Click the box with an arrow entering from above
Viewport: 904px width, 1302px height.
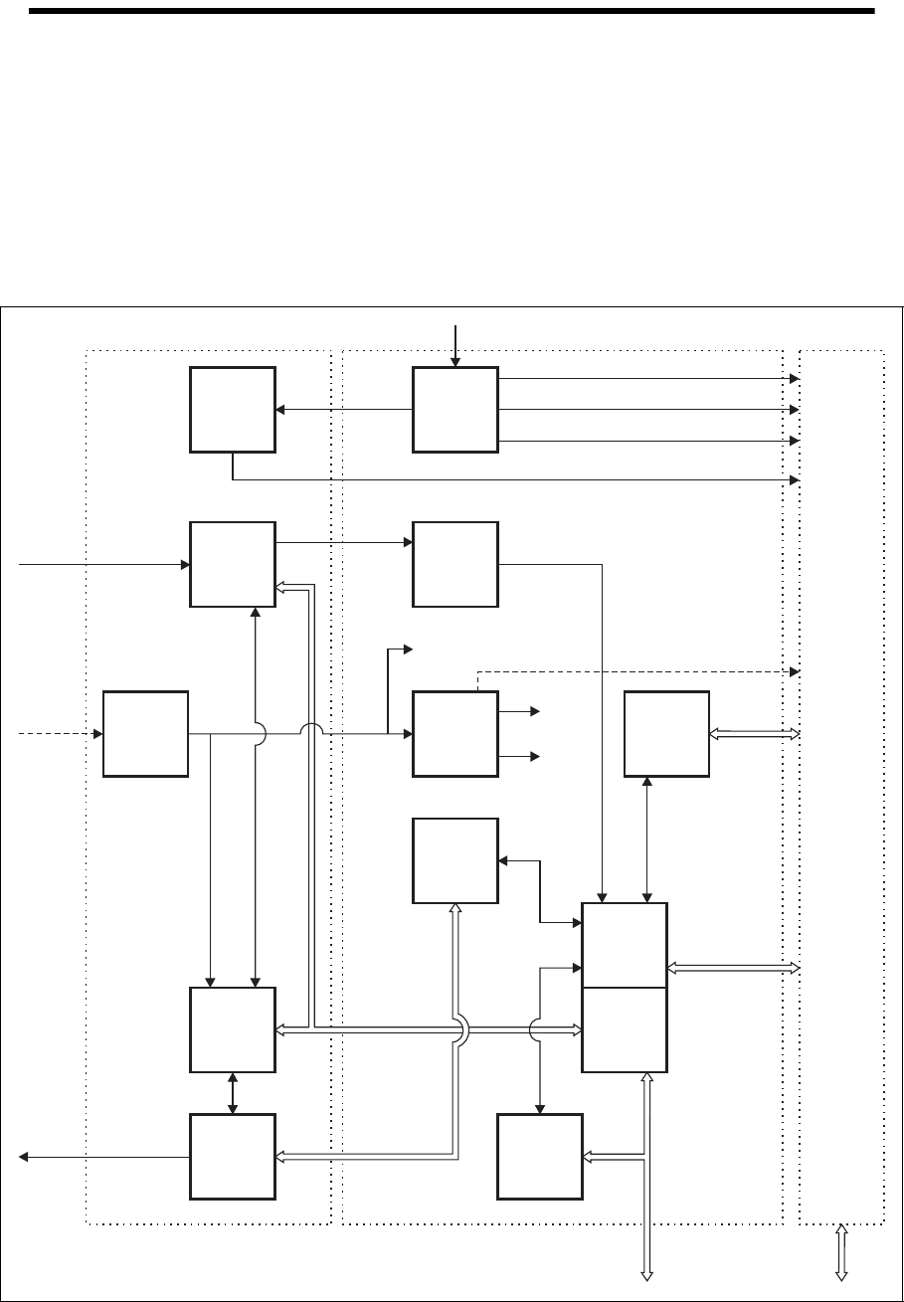[x=455, y=411]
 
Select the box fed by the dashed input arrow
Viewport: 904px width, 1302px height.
[x=146, y=734]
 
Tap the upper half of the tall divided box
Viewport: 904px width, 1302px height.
[x=625, y=945]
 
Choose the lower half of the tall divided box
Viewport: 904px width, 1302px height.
[x=625, y=1029]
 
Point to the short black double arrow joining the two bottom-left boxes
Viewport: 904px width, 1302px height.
[x=233, y=1093]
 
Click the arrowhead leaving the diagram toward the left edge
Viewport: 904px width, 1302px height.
[x=25, y=1157]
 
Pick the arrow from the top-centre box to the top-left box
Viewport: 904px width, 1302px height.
[x=344, y=409]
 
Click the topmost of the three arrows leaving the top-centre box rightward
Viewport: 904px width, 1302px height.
[x=646, y=379]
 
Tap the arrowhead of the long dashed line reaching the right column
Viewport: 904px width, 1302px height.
[x=795, y=671]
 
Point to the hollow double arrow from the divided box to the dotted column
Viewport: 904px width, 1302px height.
[x=734, y=968]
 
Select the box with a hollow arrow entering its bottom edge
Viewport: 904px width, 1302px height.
[x=455, y=860]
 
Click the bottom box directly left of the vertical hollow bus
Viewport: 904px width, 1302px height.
[x=540, y=1157]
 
